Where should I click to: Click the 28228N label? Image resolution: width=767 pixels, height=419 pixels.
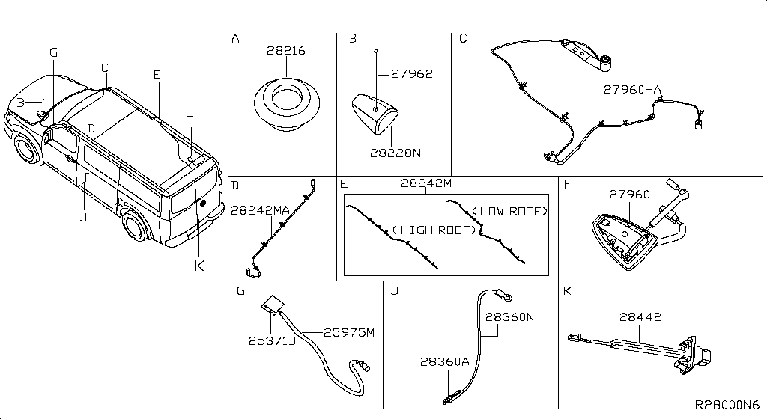click(x=395, y=153)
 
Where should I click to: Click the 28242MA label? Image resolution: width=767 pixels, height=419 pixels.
click(x=260, y=211)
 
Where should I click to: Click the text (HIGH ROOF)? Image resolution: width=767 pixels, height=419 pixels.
click(x=434, y=230)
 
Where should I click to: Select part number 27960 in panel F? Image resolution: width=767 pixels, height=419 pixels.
click(x=628, y=195)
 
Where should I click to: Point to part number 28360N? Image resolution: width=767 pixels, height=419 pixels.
click(x=509, y=317)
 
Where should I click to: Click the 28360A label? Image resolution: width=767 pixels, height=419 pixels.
click(x=445, y=361)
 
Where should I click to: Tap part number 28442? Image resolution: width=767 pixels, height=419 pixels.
click(x=639, y=317)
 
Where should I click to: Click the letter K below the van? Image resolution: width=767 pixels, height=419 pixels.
click(x=198, y=265)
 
